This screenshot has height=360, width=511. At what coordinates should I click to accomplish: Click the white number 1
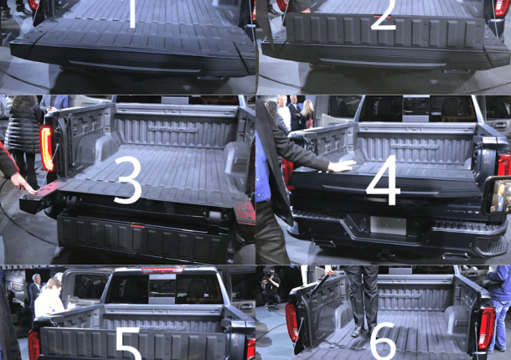132,13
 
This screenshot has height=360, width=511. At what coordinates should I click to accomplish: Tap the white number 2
384,16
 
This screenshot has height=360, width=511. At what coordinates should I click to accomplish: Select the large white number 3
128,180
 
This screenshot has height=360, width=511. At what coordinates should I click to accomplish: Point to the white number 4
383,180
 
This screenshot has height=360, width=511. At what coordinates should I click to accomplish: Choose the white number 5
128,344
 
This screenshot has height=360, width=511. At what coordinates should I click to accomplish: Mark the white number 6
384,342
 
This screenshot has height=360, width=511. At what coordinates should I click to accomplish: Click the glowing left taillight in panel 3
47,148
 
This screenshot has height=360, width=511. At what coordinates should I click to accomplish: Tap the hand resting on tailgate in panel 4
342,166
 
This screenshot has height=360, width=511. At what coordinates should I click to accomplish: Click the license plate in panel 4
388,225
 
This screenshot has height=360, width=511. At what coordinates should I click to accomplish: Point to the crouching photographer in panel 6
271,286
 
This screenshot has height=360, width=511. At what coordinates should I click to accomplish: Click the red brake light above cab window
163,270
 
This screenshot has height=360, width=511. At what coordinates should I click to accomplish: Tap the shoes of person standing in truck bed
363,331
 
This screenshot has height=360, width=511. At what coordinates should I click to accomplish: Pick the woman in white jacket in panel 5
49,298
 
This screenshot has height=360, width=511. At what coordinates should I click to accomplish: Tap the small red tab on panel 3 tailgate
137,226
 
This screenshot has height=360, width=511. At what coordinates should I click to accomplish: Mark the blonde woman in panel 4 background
307,113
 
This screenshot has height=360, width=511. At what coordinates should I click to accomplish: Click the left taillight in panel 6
292,321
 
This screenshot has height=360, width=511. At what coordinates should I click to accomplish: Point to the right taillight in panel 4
504,165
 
